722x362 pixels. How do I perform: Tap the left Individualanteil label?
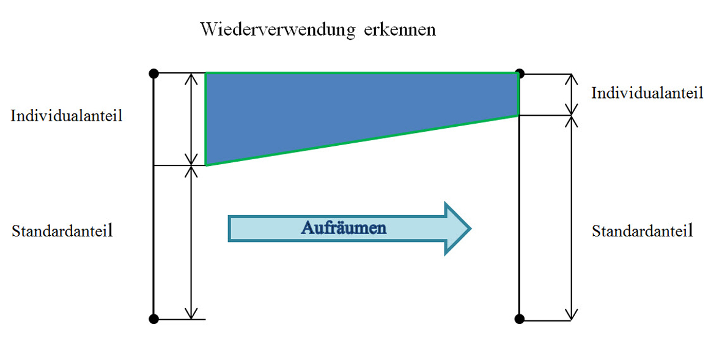(x=67, y=115)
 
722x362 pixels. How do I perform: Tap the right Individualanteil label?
(x=647, y=92)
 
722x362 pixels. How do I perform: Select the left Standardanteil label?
(x=62, y=230)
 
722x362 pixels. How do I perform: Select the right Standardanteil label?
(x=643, y=230)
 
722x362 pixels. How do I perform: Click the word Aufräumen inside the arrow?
(x=344, y=228)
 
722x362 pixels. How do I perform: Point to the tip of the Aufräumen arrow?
(x=471, y=228)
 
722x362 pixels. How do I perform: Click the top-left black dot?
(x=154, y=74)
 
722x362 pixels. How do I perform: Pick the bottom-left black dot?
(x=154, y=319)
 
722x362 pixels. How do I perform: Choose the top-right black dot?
(x=520, y=74)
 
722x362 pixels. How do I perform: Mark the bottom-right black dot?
(x=520, y=318)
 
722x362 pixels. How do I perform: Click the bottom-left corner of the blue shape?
(x=205, y=165)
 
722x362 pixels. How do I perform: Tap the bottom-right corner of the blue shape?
(x=519, y=115)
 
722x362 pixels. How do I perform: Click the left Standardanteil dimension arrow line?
(x=191, y=242)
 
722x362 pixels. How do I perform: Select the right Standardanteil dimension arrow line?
(x=572, y=217)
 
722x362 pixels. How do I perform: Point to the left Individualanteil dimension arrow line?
(x=191, y=119)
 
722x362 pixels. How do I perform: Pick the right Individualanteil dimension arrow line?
(x=572, y=94)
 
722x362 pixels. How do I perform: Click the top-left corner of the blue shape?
(x=205, y=73)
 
